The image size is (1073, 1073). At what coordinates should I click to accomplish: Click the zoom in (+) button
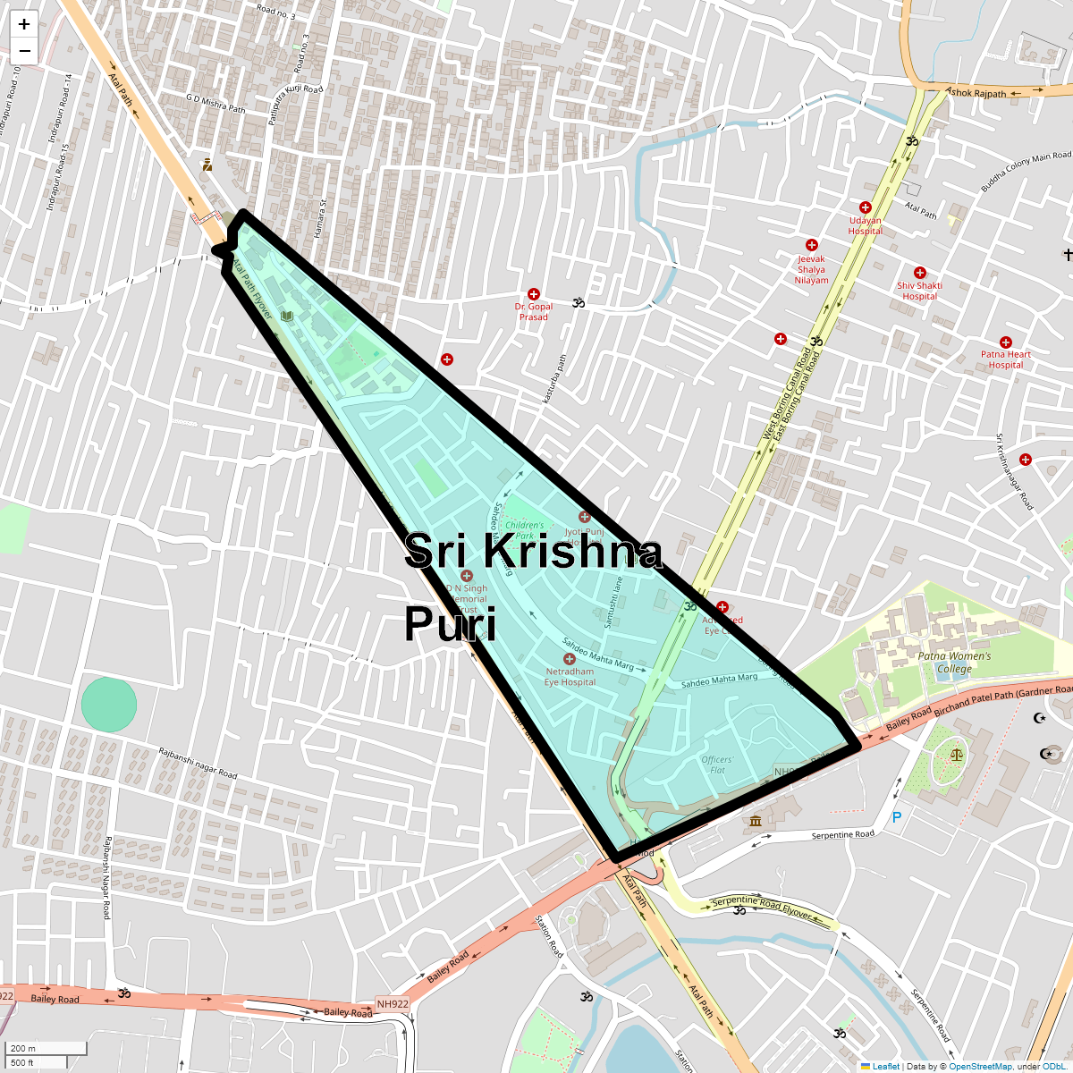point(24,25)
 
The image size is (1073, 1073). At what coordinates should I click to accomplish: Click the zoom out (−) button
point(24,51)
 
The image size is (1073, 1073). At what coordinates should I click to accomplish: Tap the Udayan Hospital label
point(865,225)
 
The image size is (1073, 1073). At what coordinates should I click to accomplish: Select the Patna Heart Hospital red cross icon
point(1006,342)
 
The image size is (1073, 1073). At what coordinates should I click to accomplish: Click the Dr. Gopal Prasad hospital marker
point(534,294)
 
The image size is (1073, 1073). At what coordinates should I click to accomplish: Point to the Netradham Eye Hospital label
point(570,677)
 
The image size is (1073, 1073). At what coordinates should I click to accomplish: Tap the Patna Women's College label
point(954,663)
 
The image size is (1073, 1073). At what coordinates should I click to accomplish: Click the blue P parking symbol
point(897,817)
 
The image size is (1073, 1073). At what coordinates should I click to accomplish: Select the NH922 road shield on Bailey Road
point(393,1004)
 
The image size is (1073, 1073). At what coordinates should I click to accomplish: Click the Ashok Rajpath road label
point(976,93)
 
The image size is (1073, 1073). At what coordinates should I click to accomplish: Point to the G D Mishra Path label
point(215,103)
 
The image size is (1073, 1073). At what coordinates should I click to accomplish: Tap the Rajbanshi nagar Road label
point(198,763)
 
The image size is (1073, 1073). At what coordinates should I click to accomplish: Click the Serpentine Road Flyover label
point(762,908)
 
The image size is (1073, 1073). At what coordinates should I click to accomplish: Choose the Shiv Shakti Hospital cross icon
point(919,273)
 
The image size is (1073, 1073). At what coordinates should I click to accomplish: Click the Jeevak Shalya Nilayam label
point(811,269)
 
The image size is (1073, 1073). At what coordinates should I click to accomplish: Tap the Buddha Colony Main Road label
point(1025,172)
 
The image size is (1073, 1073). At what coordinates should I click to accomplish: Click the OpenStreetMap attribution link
point(980,1066)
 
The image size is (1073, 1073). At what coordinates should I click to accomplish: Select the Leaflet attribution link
point(885,1066)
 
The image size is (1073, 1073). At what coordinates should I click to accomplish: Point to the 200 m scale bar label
point(24,1049)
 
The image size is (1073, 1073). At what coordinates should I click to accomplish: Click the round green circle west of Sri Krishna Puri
point(109,705)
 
